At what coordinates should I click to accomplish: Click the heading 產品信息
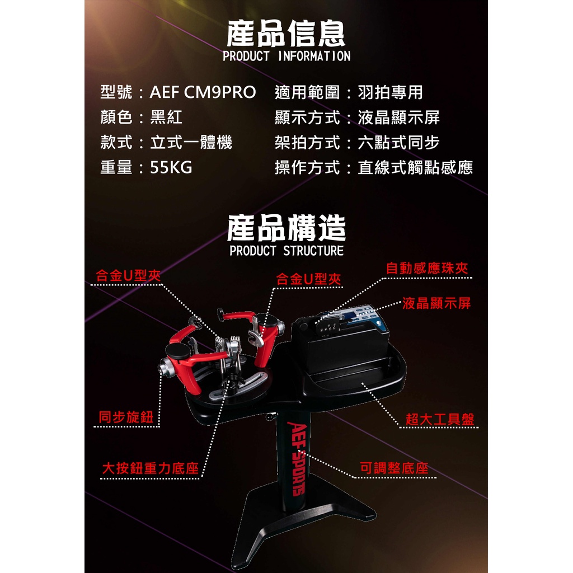pyautogui.click(x=286, y=33)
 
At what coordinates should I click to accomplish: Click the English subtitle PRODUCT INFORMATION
pyautogui.click(x=286, y=57)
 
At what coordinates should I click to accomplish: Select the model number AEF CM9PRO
pyautogui.click(x=203, y=92)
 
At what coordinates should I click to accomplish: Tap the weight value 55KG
pyautogui.click(x=171, y=167)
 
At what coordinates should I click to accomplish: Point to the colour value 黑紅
pyautogui.click(x=166, y=117)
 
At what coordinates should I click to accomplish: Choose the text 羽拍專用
pyautogui.click(x=390, y=92)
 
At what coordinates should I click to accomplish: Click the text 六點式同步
pyautogui.click(x=398, y=142)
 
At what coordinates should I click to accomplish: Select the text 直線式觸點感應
pyautogui.click(x=415, y=167)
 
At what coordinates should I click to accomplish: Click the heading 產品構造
pyautogui.click(x=286, y=228)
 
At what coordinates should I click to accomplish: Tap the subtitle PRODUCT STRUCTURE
pyautogui.click(x=286, y=251)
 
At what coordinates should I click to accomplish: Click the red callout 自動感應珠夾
pyautogui.click(x=427, y=268)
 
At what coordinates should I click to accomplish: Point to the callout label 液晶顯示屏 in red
pyautogui.click(x=436, y=303)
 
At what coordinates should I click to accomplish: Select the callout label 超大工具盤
pyautogui.click(x=440, y=419)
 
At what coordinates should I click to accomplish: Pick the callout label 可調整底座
pyautogui.click(x=394, y=468)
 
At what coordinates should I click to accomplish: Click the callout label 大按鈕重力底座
pyautogui.click(x=150, y=468)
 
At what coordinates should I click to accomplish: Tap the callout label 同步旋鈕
pyautogui.click(x=126, y=417)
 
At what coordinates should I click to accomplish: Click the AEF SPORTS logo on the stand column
pyautogui.click(x=295, y=459)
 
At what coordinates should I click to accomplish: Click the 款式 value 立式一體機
pyautogui.click(x=191, y=142)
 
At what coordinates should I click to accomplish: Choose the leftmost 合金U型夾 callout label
pyautogui.click(x=128, y=275)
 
